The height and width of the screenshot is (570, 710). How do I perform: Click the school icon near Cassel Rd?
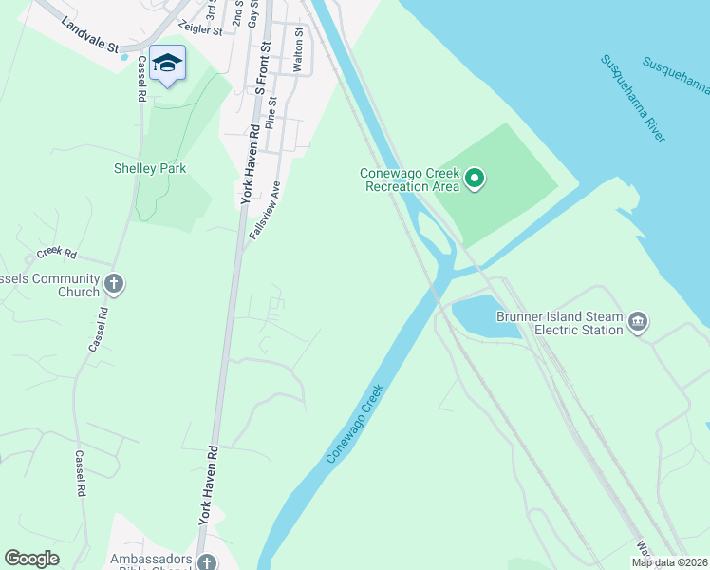[167, 64]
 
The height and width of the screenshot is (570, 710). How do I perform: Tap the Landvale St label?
[87, 34]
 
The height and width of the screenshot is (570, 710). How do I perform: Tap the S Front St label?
[266, 58]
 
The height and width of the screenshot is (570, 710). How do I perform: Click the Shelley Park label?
[150, 168]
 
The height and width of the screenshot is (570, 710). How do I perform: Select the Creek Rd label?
[56, 253]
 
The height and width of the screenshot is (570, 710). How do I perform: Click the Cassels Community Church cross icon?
[114, 283]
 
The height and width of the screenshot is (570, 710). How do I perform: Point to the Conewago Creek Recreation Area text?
[409, 180]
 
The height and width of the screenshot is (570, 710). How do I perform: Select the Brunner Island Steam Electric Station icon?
[639, 323]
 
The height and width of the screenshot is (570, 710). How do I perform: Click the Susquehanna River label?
[631, 98]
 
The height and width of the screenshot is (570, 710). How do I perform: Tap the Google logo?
[32, 559]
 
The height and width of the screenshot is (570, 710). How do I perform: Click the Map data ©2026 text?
[668, 562]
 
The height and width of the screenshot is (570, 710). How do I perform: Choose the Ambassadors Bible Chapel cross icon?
[207, 562]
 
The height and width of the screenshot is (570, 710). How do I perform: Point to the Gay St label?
[252, 13]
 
